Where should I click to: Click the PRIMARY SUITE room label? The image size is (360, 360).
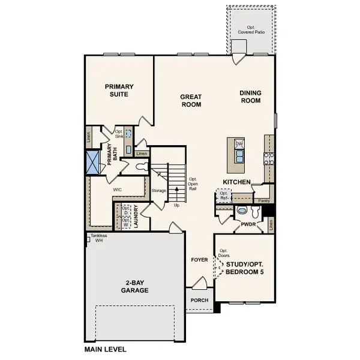pyautogui.click(x=119, y=91)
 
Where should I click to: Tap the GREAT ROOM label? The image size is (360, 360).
pyautogui.click(x=191, y=101)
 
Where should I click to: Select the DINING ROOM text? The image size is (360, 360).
pyautogui.click(x=250, y=97)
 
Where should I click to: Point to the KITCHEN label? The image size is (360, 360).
pyautogui.click(x=237, y=181)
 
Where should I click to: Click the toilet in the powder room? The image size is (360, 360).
pyautogui.click(x=242, y=211)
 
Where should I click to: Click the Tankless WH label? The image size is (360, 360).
pyautogui.click(x=100, y=238)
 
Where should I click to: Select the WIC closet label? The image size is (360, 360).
pyautogui.click(x=118, y=189)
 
